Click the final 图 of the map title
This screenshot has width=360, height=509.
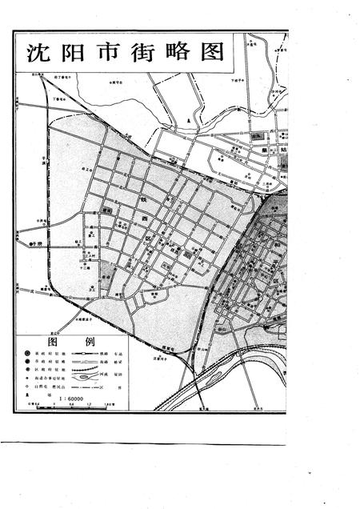coord(212,54)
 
